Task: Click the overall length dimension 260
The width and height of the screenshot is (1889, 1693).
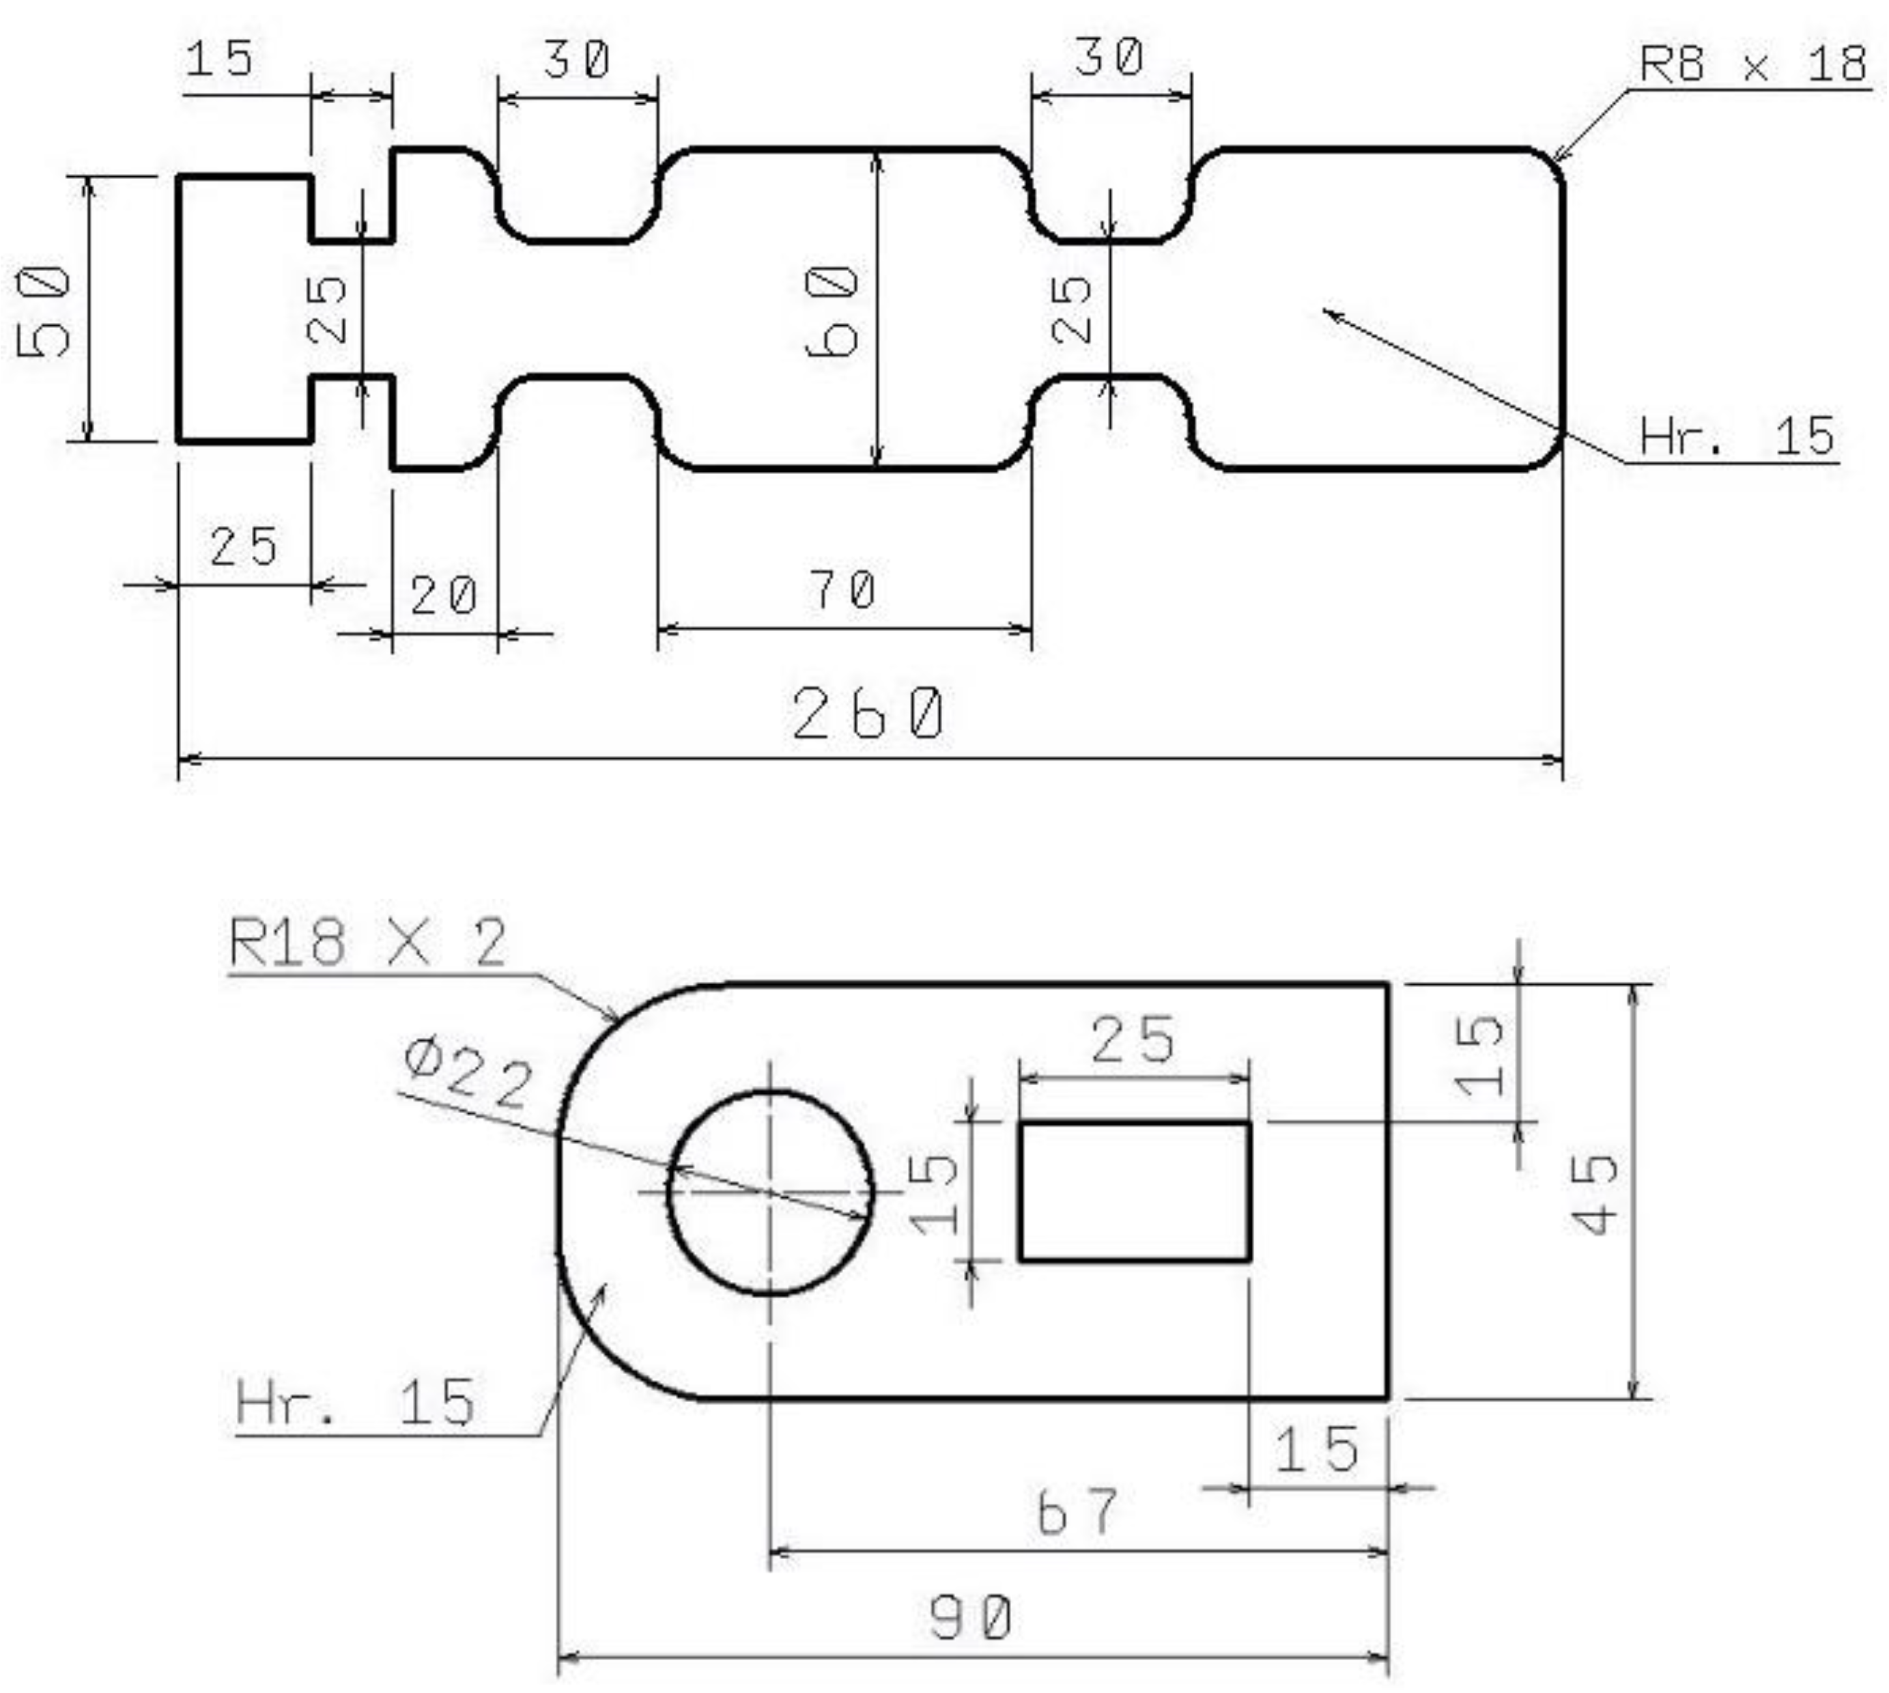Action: point(868,714)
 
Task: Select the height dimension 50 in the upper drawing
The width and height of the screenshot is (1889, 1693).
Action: point(44,311)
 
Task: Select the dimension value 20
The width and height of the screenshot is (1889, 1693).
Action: point(444,596)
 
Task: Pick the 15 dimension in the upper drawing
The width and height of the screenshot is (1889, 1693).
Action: point(220,59)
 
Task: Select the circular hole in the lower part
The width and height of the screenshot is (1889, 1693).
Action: point(770,1192)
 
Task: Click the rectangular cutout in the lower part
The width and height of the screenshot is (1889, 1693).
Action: point(1134,1192)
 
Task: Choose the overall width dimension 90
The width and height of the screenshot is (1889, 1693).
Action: point(971,1618)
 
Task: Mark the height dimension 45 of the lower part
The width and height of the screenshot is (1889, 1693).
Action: point(1594,1194)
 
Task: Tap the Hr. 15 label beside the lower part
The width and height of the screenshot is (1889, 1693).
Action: point(354,1403)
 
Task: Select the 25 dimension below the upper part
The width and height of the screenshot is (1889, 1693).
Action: point(243,546)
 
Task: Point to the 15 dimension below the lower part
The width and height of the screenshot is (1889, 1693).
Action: point(1316,1450)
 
